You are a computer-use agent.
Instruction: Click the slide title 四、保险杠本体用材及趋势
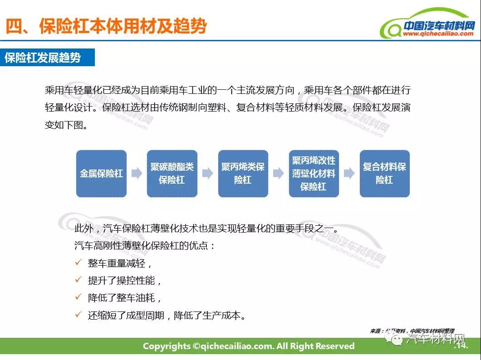click(x=106, y=26)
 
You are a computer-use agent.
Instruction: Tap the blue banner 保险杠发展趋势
click(x=47, y=57)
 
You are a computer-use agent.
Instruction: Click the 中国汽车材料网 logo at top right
click(x=428, y=24)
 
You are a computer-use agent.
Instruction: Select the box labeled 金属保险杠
click(x=101, y=173)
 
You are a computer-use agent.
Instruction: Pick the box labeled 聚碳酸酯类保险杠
click(x=172, y=173)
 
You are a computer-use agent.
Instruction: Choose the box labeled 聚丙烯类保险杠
click(x=243, y=173)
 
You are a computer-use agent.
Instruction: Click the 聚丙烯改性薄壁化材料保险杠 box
click(x=314, y=173)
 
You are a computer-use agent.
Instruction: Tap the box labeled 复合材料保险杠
click(x=385, y=173)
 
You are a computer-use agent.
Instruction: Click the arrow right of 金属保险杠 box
click(x=137, y=173)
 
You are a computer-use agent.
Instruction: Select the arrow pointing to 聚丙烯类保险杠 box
click(x=208, y=173)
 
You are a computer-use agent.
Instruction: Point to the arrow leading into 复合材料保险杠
click(x=349, y=173)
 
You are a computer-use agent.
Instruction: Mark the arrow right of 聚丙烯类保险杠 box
click(x=279, y=173)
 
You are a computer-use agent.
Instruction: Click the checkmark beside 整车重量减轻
click(x=79, y=262)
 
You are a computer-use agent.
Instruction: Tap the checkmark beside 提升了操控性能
click(x=79, y=279)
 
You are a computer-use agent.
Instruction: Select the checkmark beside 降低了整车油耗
click(x=79, y=297)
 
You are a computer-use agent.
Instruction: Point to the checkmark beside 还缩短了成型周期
click(x=79, y=314)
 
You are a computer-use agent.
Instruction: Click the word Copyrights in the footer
click(x=167, y=346)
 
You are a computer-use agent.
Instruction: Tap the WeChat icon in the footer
click(x=394, y=339)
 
